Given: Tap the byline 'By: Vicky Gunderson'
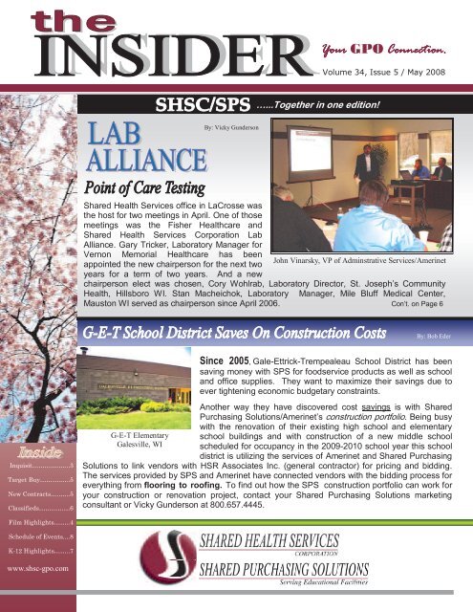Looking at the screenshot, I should click(x=228, y=124).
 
